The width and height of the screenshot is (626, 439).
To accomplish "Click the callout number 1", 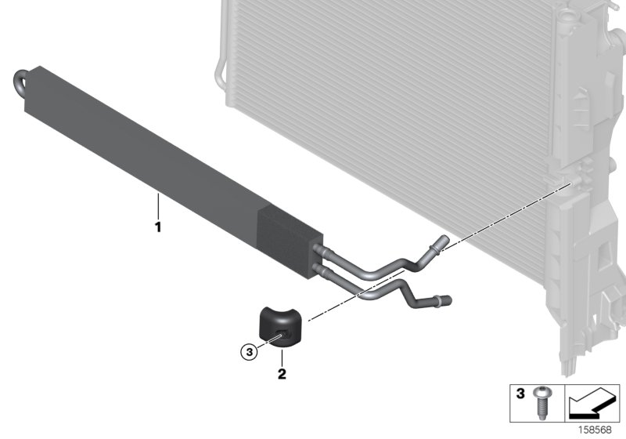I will pos(157,228).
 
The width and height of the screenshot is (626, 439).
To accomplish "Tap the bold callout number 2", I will pos(281,373).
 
